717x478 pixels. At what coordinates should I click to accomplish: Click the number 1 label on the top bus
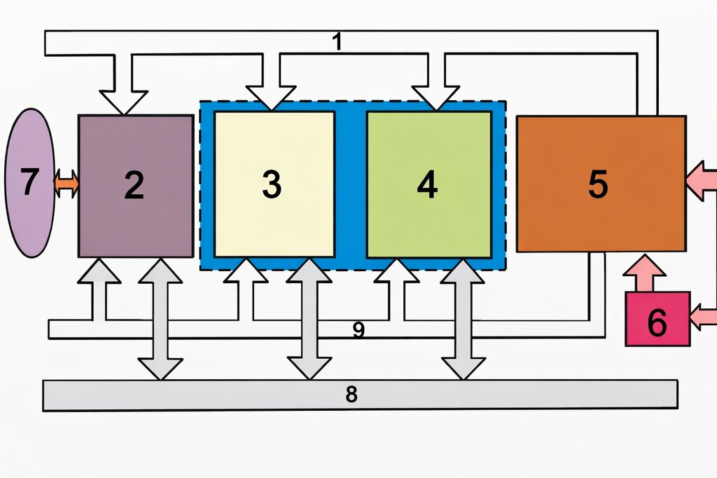337,41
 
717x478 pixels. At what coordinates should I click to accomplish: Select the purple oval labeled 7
30,183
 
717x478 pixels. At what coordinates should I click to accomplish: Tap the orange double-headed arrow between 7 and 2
67,184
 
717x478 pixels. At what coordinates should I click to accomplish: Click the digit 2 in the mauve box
134,185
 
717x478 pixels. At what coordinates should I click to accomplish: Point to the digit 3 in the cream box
272,184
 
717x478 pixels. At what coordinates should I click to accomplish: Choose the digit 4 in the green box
428,184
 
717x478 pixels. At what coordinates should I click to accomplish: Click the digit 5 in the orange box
598,184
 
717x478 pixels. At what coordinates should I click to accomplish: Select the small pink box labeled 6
657,319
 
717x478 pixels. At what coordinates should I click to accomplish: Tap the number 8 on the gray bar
351,394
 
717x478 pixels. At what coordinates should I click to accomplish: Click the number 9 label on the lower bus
359,329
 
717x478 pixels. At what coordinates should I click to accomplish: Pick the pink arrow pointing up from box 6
644,273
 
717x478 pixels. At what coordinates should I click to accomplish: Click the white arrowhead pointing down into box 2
123,102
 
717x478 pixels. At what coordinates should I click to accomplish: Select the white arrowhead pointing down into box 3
271,98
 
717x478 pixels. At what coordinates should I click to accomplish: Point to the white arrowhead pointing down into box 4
436,98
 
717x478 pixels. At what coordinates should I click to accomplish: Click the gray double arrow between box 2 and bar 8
160,319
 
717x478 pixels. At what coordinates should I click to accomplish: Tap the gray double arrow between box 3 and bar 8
309,319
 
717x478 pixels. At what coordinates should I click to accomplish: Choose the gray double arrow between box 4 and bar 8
463,319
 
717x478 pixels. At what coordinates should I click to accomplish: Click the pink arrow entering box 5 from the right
702,180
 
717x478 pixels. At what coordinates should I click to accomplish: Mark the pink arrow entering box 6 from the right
703,317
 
